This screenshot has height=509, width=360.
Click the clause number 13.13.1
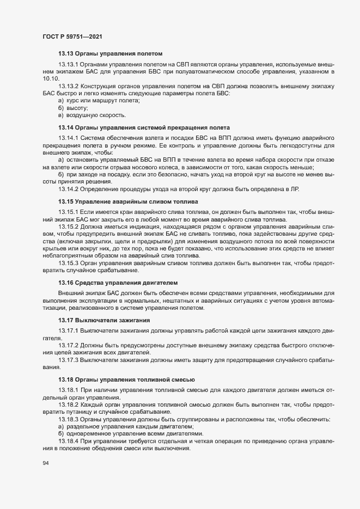69,65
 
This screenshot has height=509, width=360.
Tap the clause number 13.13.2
69,87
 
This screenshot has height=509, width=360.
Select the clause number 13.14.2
69,189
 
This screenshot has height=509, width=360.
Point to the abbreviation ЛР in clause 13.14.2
319,189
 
